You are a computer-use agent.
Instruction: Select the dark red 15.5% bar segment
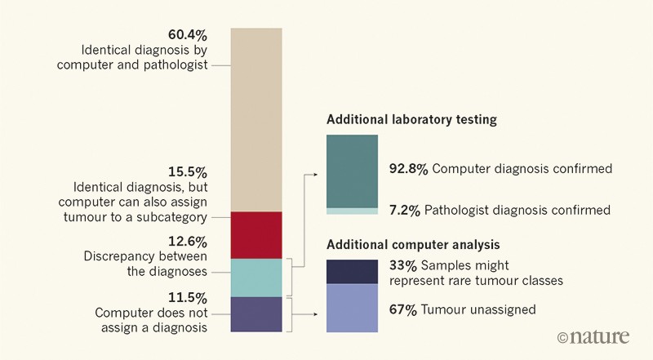click(256, 235)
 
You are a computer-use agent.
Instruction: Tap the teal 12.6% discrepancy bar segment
click(256, 278)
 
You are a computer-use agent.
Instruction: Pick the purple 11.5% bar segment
click(256, 314)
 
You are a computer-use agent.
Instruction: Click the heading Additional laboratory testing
click(411, 119)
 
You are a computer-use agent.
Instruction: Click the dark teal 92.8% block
click(352, 171)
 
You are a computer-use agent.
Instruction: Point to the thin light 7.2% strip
click(352, 211)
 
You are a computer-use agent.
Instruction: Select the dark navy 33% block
click(352, 271)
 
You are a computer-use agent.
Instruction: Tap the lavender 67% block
click(352, 308)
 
